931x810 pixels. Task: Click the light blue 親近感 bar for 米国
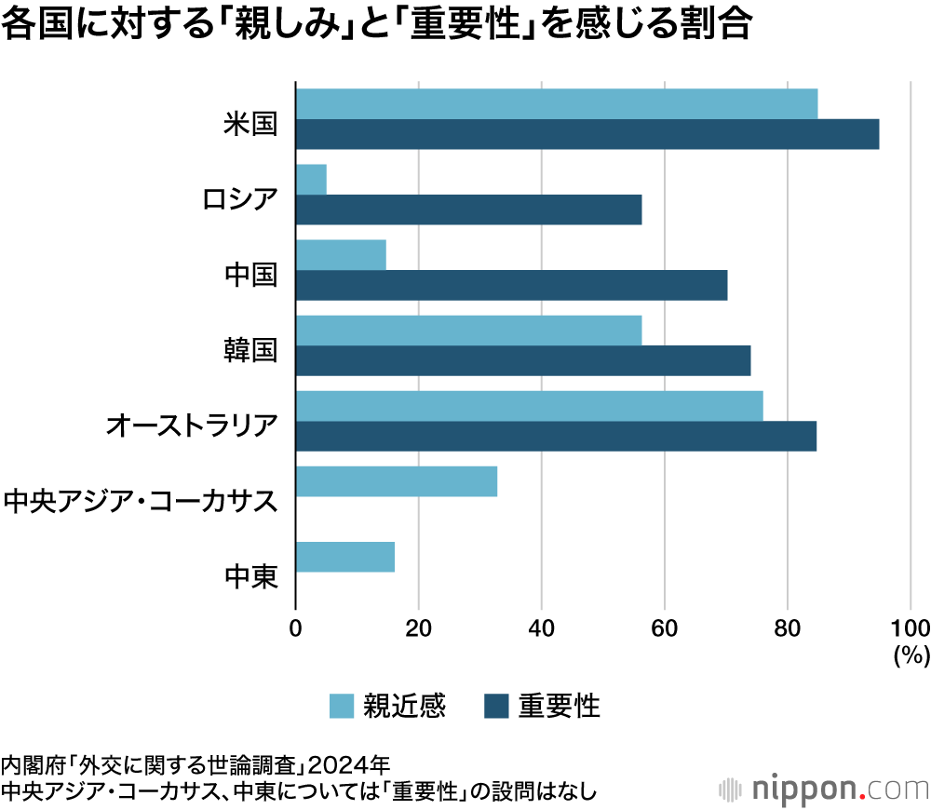[x=556, y=103]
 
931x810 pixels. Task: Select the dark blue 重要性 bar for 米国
[x=587, y=134]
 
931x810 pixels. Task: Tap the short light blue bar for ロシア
[x=311, y=179]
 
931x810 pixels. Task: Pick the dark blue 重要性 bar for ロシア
[x=468, y=209]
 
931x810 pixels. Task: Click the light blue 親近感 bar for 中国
[x=341, y=255]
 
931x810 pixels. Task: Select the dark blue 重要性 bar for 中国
[x=511, y=285]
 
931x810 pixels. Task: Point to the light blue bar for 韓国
[x=468, y=331]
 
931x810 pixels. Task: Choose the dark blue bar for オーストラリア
[x=556, y=437]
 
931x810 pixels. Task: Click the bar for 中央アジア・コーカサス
[x=396, y=481]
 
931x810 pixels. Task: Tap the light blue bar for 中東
[x=344, y=557]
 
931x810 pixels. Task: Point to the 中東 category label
[x=251, y=578]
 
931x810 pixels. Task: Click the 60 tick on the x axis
[x=664, y=627]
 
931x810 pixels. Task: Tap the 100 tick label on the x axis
[x=911, y=627]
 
